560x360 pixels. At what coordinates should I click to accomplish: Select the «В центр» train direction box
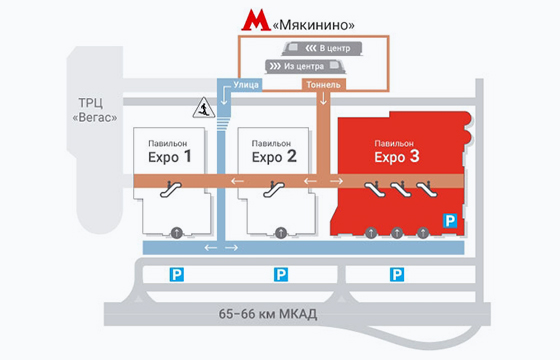pyautogui.click(x=318, y=48)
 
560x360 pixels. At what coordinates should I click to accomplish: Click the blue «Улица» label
pyautogui.click(x=246, y=85)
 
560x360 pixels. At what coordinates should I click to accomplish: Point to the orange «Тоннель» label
pyautogui.click(x=322, y=85)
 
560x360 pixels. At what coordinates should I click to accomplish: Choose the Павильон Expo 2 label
pyautogui.click(x=274, y=151)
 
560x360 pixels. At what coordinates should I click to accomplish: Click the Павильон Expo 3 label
pyautogui.click(x=397, y=151)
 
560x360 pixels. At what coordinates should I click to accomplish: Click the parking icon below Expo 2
pyautogui.click(x=281, y=274)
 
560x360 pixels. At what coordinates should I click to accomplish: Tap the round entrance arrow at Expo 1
pyautogui.click(x=176, y=233)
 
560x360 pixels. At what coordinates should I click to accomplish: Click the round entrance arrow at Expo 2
pyautogui.click(x=281, y=233)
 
